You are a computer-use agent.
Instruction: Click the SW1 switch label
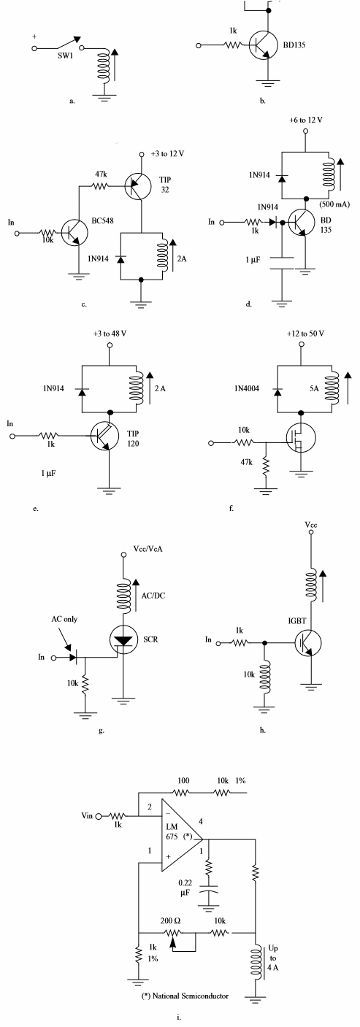pos(65,56)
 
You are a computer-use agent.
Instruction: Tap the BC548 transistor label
pos(102,220)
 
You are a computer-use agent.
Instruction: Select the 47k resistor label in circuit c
pos(102,174)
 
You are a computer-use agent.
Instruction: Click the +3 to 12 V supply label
pos(168,153)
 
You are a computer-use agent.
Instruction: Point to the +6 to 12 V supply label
pos(306,120)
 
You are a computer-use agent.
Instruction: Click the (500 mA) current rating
pos(334,204)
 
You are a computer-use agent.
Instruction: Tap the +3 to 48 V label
pos(110,334)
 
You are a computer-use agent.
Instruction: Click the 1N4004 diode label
pos(247,388)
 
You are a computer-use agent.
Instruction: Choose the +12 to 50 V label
pos(305,334)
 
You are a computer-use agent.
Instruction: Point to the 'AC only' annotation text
pos(64,619)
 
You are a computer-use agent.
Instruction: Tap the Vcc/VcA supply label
pos(148,548)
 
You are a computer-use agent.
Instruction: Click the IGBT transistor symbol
pos(307,642)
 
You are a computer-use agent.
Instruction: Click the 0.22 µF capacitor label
pos(185,888)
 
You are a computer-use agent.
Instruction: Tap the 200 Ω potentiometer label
pos(170,920)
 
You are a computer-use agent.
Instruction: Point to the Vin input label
pos(87,815)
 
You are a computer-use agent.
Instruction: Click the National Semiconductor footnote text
pos(185,996)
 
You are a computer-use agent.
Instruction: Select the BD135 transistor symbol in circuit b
pos(263,45)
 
